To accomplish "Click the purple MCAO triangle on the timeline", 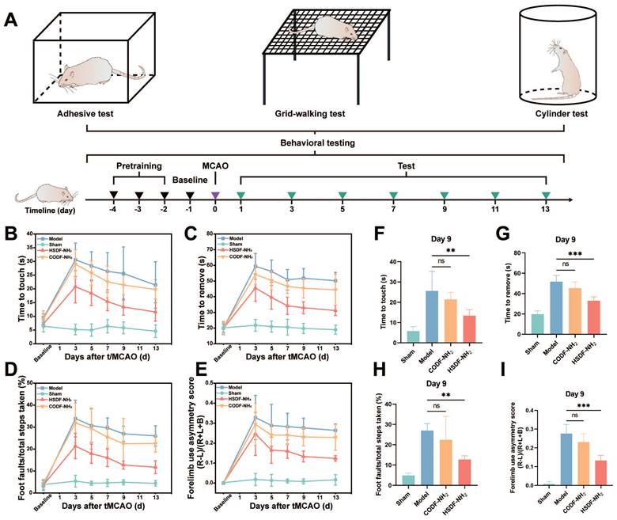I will coord(215,195).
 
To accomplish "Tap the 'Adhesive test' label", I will coord(85,115).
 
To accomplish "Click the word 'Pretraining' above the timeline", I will coord(139,167).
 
